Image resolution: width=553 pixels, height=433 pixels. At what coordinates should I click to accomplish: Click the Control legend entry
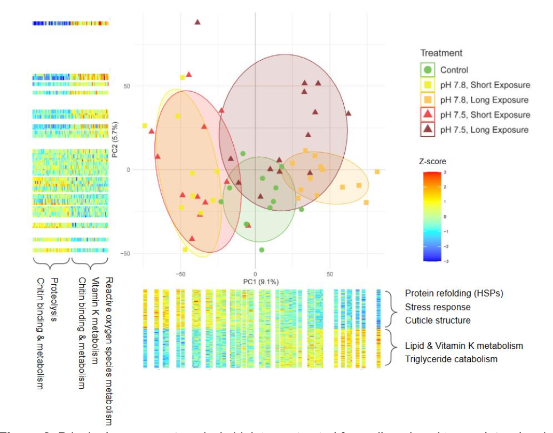pyautogui.click(x=454, y=70)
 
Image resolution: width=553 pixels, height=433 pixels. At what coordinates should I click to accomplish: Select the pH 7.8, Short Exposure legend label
pyautogui.click(x=485, y=85)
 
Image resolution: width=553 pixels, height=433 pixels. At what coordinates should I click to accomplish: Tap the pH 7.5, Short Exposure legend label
pyautogui.click(x=485, y=115)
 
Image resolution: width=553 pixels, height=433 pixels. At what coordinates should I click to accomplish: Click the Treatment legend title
pyautogui.click(x=441, y=53)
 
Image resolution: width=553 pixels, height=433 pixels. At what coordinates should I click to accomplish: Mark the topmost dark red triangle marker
pyautogui.click(x=197, y=22)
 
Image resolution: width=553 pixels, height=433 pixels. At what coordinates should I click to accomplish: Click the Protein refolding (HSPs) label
pyautogui.click(x=454, y=293)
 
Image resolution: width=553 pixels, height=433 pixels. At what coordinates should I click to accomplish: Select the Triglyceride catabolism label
pyautogui.click(x=451, y=359)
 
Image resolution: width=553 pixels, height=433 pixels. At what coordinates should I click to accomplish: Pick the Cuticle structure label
pyautogui.click(x=438, y=320)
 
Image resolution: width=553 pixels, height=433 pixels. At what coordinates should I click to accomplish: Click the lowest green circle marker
pyautogui.click(x=262, y=250)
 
